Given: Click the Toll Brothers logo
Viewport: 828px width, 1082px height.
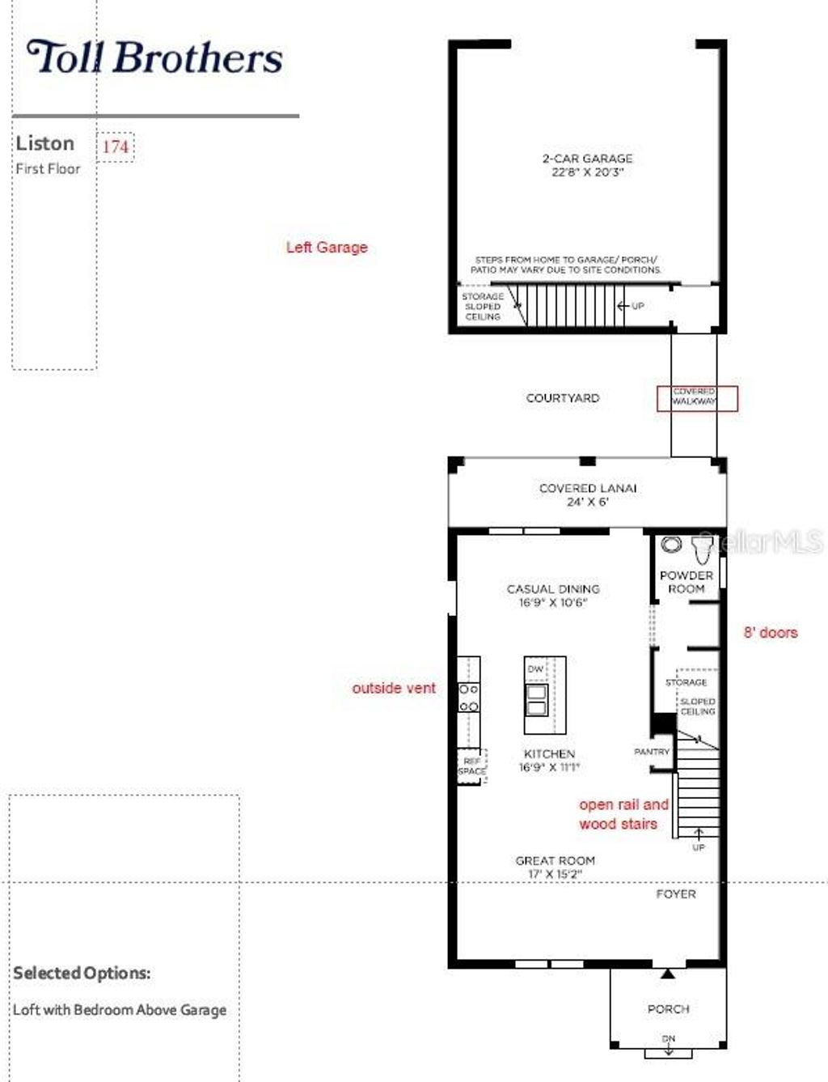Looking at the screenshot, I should click(154, 58).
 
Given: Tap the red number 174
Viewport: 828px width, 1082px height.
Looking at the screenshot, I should click(116, 146).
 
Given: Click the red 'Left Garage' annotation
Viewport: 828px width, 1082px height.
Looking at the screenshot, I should click(327, 248).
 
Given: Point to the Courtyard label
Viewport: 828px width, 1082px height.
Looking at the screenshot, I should click(563, 398).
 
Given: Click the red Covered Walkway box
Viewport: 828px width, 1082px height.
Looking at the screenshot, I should click(696, 398).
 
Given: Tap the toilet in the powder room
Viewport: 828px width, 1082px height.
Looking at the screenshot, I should click(701, 549).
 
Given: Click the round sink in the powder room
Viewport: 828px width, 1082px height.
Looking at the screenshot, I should click(671, 545).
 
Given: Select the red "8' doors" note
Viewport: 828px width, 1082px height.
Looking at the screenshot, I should click(771, 633).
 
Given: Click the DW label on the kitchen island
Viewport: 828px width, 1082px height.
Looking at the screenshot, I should click(535, 669).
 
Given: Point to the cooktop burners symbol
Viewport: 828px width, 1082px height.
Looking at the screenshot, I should click(469, 698).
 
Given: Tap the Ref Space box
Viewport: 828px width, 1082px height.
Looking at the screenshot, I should click(471, 766).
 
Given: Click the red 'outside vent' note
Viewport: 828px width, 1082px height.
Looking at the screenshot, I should click(394, 688).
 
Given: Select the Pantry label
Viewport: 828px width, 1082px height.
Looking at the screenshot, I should click(652, 752).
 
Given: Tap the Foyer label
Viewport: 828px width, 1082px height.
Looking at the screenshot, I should click(676, 893).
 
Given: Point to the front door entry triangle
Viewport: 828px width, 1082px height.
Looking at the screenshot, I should click(668, 974).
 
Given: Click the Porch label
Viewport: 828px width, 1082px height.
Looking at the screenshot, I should click(669, 1009).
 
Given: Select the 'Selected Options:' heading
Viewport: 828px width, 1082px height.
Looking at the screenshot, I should click(82, 973).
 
